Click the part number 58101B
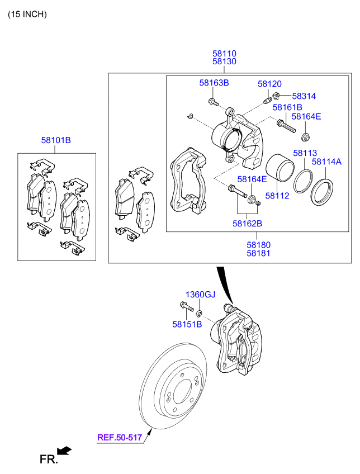[55, 140]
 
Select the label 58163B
[214, 83]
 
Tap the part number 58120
[269, 83]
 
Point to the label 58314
[304, 96]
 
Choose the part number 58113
[305, 153]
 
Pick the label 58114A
[326, 162]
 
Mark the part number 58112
[277, 196]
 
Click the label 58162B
[247, 224]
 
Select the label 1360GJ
[200, 295]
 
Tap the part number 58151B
[187, 324]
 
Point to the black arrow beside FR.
[65, 450]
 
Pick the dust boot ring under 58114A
[323, 191]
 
